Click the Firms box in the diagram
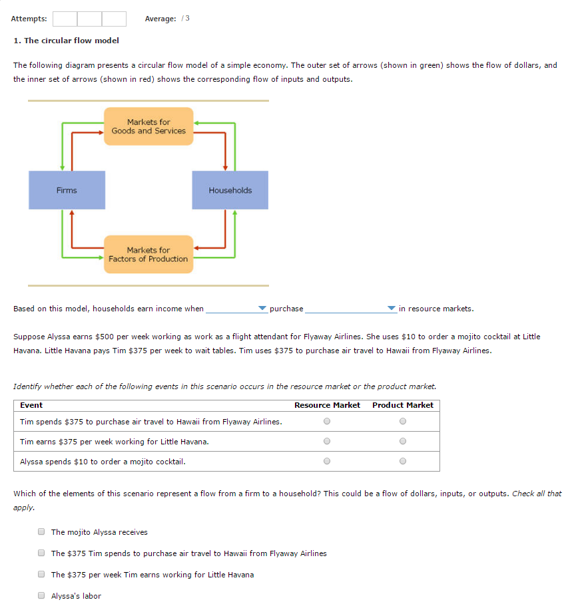67,190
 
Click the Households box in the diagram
230,190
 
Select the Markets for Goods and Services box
148,126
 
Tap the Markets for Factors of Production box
148,254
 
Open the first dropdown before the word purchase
236,309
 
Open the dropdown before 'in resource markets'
350,309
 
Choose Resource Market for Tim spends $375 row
326,421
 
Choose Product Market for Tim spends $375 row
402,421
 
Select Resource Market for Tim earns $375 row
326,441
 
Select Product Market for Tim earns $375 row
402,441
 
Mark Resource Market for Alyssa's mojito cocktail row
326,461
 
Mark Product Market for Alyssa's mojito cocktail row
402,461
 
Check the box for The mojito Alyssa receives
41,531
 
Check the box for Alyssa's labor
41,595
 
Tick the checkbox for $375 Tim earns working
41,574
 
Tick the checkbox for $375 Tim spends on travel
41,553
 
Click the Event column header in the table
31,405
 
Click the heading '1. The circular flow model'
67,41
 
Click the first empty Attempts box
65,18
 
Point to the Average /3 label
167,18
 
